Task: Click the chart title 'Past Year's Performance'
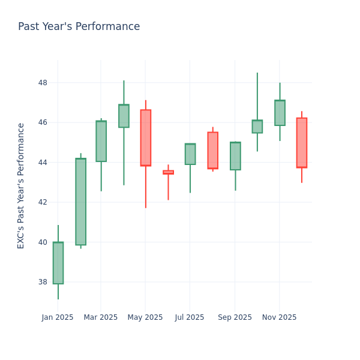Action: click(79, 27)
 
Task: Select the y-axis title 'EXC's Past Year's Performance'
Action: click(21, 185)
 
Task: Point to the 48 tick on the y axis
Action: click(43, 83)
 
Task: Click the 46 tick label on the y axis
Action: click(43, 122)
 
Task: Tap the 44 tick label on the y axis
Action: click(43, 163)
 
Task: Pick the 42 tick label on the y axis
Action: click(43, 202)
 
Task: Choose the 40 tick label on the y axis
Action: click(43, 242)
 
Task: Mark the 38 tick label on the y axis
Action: click(43, 282)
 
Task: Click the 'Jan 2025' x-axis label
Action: click(58, 317)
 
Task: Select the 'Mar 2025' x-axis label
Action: click(101, 317)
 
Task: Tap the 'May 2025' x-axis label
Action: click(145, 317)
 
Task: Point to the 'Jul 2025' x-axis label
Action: click(190, 317)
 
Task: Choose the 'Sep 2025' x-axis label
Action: click(235, 317)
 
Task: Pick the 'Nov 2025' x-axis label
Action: click(279, 317)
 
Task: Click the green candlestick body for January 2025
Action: click(58, 263)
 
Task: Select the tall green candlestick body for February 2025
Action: click(80, 202)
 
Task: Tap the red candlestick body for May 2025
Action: click(145, 137)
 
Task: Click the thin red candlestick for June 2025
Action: click(168, 172)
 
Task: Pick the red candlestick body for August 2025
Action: click(212, 151)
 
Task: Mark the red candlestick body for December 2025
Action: click(301, 143)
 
